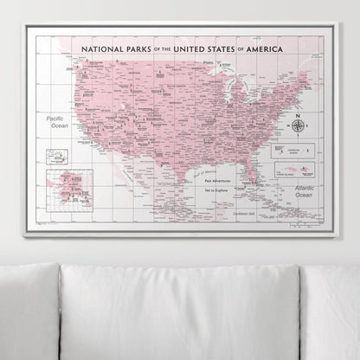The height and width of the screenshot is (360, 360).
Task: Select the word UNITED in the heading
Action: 190,50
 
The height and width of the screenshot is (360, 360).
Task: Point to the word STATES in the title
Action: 227,50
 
